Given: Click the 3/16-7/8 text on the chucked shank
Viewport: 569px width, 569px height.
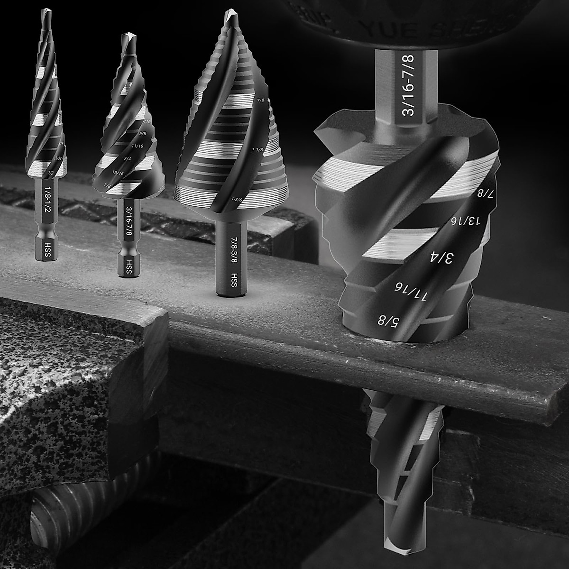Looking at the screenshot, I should tap(407, 85).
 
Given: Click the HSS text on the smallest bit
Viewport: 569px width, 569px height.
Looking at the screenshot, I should tap(47, 247).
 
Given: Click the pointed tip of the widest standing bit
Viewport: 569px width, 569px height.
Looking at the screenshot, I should tap(229, 11).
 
